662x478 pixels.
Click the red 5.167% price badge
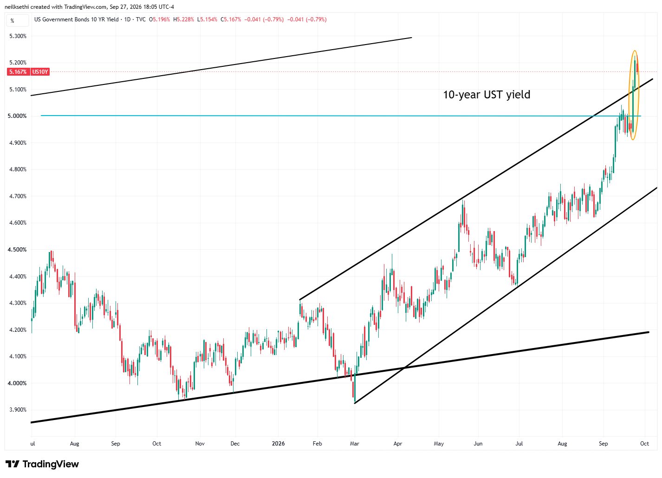click(x=18, y=72)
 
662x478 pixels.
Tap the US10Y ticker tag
click(x=40, y=72)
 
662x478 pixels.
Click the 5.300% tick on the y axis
click(x=18, y=36)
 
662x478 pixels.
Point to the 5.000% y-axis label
click(x=17, y=116)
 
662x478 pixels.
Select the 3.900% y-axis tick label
click(x=18, y=410)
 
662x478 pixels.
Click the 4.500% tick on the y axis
click(x=17, y=250)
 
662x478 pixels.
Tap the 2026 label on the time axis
click(x=278, y=444)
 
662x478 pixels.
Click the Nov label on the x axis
click(x=200, y=444)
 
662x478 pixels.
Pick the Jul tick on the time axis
click(x=519, y=444)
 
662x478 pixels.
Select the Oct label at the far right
click(x=644, y=444)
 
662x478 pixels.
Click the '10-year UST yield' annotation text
click(x=487, y=95)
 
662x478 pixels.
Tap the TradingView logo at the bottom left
click(x=42, y=464)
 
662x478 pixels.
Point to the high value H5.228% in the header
click(x=183, y=19)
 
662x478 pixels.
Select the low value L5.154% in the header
click(x=207, y=19)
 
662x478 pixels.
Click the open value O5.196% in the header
click(x=159, y=19)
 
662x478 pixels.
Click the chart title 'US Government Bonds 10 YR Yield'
click(x=76, y=19)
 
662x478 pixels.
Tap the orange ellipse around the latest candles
click(x=628, y=95)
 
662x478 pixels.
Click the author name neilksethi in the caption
click(x=17, y=7)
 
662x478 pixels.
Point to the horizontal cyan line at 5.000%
click(x=341, y=116)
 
